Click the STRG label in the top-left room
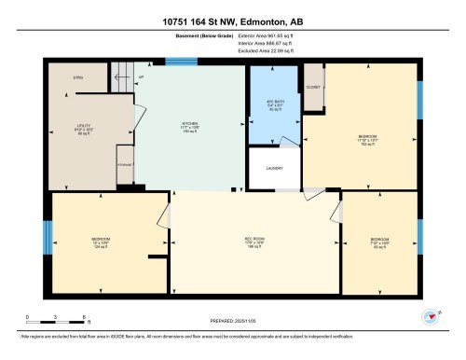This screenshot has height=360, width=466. click(x=78, y=78)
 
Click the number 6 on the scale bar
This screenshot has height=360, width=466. click(x=85, y=318)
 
